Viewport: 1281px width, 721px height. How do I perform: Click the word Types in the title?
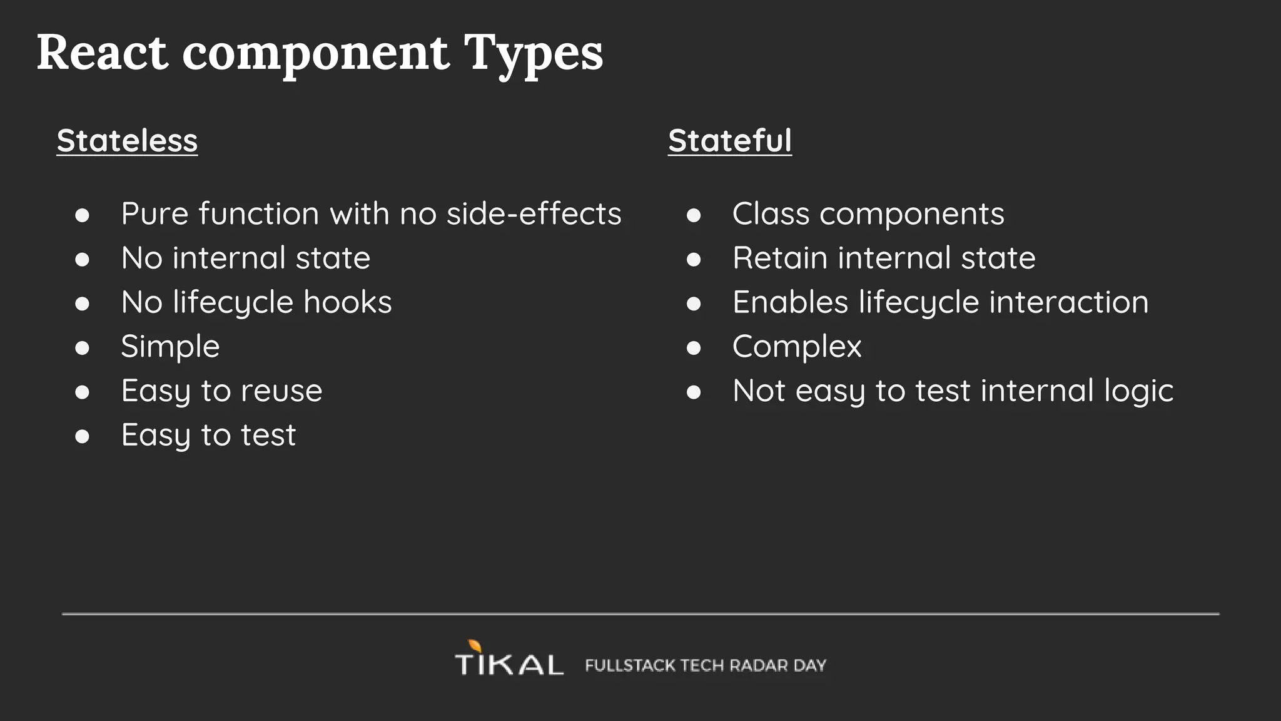[533, 54]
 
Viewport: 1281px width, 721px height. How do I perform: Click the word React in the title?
[102, 53]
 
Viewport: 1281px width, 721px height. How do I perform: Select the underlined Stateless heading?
[127, 141]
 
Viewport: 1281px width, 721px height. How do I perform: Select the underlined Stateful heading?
[729, 141]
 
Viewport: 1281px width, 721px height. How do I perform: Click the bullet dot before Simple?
[82, 348]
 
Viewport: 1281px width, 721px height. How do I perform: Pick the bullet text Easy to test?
[208, 435]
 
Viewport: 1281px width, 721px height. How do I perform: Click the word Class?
[771, 214]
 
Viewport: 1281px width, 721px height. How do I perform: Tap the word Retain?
[779, 258]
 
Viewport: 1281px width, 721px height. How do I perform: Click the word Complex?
[796, 347]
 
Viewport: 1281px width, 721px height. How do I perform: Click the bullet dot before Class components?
[693, 215]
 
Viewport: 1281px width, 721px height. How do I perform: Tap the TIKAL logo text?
[509, 665]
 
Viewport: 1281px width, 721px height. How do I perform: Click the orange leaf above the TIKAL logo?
[475, 646]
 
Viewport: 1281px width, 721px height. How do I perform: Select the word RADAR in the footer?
[759, 665]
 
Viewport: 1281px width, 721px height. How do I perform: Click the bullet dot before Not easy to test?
[693, 392]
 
